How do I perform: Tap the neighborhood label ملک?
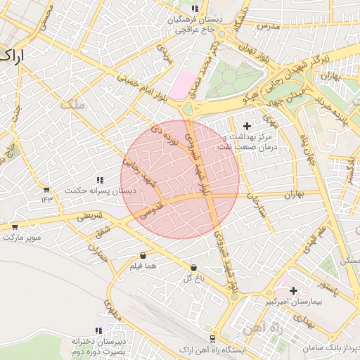click(72, 105)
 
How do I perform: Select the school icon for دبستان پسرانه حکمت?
click(100, 180)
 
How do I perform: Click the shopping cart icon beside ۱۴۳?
click(46, 190)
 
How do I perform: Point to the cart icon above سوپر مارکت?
click(15, 226)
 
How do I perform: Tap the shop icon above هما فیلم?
click(143, 255)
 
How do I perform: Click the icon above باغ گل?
click(193, 267)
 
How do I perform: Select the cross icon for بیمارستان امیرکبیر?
click(293, 290)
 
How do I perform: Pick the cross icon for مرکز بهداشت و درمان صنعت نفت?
click(246, 126)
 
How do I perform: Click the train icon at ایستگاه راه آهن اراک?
click(212, 339)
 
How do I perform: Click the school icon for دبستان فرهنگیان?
click(195, 9)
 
